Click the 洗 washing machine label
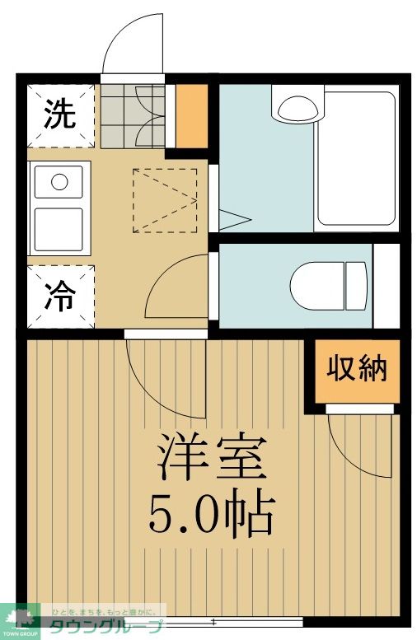pyautogui.click(x=59, y=114)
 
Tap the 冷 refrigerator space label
pyautogui.click(x=59, y=297)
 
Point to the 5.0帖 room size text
pyautogui.click(x=211, y=514)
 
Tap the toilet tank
pyautogui.click(x=357, y=284)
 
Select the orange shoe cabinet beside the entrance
pyautogui.click(x=192, y=114)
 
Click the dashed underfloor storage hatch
pyautogui.click(x=164, y=200)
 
